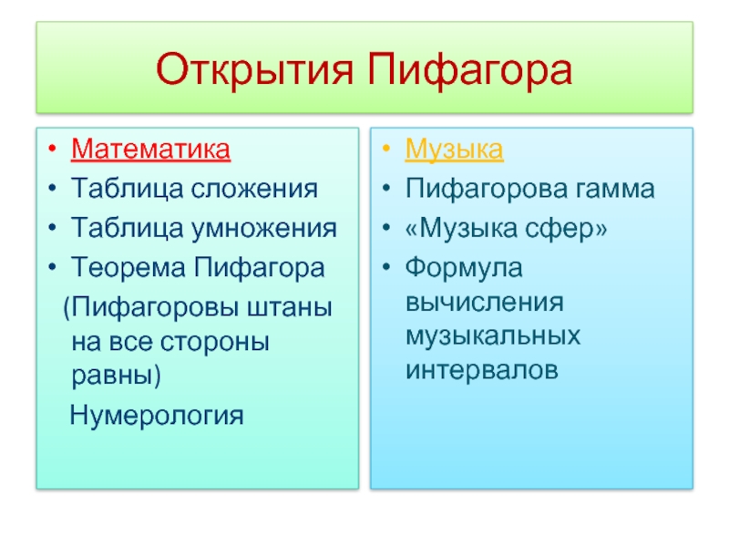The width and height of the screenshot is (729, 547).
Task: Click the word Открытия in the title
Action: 255,70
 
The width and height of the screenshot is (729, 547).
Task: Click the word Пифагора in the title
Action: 469,70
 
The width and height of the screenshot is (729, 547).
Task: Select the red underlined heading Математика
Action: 150,149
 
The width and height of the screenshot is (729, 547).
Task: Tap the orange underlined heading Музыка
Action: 454,150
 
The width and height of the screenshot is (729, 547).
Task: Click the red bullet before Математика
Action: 52,149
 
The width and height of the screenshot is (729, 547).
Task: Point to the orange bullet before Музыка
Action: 385,149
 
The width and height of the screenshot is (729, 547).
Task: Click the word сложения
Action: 254,189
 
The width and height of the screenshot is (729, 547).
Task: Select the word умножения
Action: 264,229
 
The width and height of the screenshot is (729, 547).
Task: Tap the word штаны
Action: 289,307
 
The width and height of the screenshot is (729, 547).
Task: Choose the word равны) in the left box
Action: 116,375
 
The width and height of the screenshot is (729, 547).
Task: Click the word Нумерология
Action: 157,415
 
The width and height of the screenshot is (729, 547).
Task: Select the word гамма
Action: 615,190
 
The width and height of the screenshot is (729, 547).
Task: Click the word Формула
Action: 464,268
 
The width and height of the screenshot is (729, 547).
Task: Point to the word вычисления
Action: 485,303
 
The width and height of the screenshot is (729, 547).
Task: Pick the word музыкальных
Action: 493,336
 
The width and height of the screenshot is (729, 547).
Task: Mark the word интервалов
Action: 482,371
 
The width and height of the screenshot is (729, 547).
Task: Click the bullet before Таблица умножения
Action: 52,228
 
